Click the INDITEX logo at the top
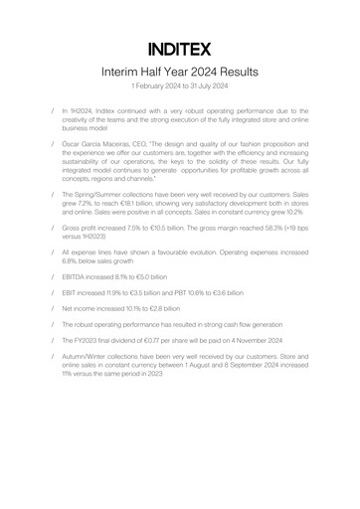coord(180,47)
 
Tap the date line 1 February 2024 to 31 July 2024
coord(180,90)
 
